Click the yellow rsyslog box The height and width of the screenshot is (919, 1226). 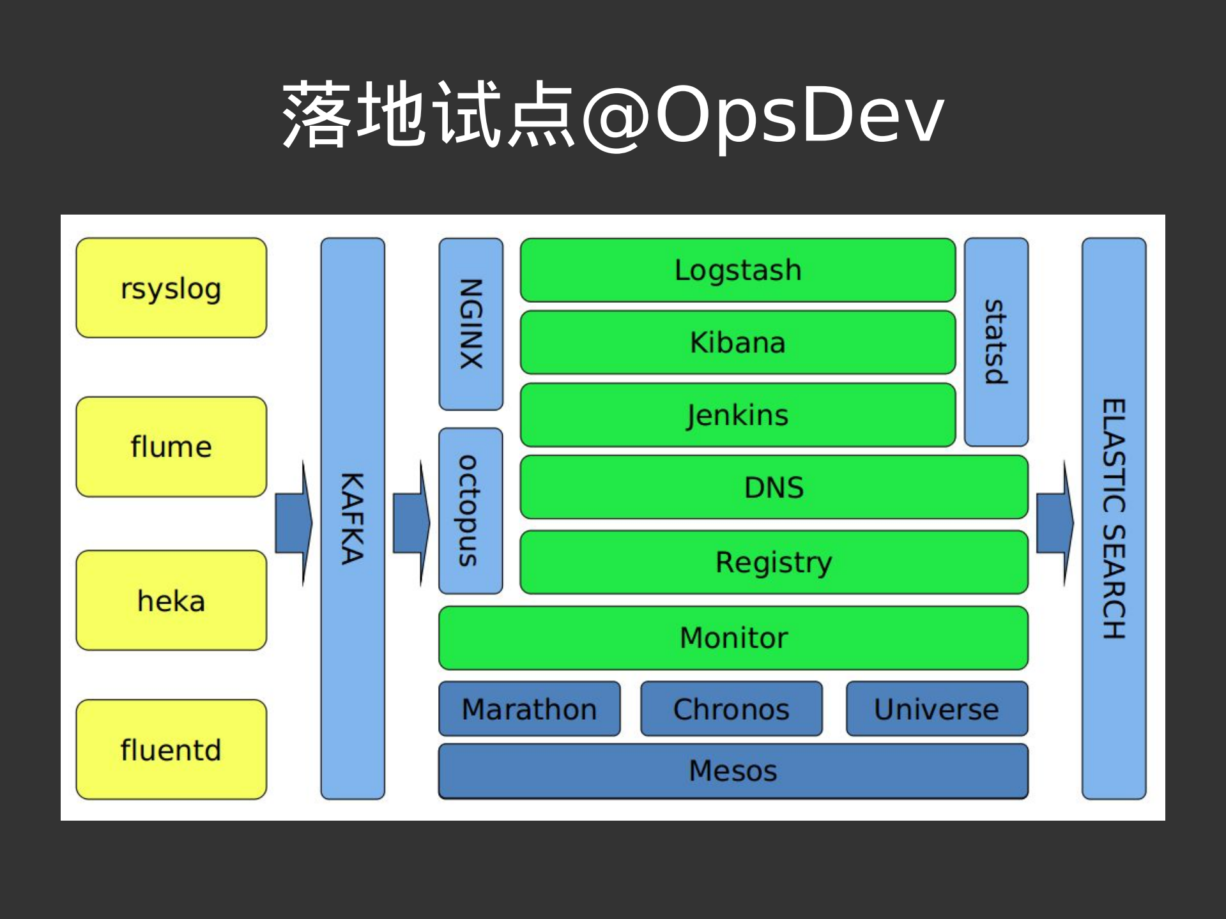171,288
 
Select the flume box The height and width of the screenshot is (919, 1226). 171,446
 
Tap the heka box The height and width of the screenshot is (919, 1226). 171,600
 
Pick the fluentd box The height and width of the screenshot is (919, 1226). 171,749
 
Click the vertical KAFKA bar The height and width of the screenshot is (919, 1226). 353,518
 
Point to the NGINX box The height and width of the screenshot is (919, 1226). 471,324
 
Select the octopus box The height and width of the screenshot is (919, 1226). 471,510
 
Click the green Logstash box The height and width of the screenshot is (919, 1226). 738,270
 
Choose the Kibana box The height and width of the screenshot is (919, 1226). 738,342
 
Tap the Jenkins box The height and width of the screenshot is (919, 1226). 738,415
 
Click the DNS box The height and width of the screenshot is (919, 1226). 774,487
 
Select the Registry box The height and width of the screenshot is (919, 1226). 774,562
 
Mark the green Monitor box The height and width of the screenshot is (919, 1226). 733,637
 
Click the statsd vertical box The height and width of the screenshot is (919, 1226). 996,342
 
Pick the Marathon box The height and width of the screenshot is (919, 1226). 530,709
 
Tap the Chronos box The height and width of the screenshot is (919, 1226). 732,709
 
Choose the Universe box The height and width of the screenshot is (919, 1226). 937,709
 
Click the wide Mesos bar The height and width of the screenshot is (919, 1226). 733,770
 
